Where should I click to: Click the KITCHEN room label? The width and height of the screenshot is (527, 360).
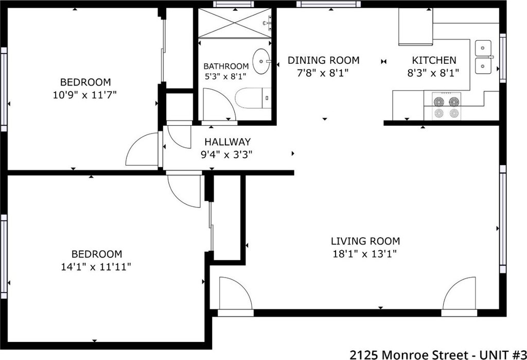[434, 60]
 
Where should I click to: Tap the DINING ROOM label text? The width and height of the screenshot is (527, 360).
[323, 60]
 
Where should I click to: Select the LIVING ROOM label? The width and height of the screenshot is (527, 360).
[365, 241]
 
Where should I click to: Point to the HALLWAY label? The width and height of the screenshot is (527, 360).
[227, 142]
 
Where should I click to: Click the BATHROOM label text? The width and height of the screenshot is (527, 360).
[226, 66]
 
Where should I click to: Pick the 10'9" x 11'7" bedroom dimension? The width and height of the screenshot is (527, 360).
[85, 95]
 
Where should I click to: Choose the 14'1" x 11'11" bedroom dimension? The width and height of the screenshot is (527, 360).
[96, 267]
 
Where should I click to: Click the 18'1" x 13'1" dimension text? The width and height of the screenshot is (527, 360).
[365, 253]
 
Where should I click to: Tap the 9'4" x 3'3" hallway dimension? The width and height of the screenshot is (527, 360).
[226, 155]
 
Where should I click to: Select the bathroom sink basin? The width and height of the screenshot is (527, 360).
[261, 61]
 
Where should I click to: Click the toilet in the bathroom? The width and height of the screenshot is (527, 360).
[253, 98]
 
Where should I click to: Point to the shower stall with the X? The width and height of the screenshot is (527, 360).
[234, 23]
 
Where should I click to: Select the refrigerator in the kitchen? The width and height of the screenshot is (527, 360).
[416, 27]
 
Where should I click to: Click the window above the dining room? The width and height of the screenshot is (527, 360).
[328, 4]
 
